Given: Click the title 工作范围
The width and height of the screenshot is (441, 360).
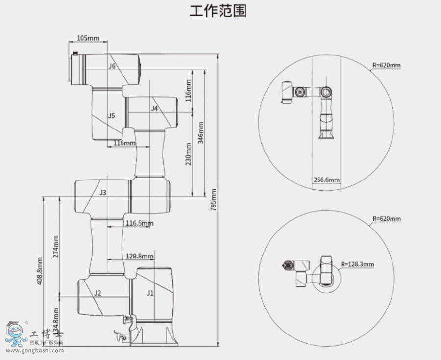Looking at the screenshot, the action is pos(218,11).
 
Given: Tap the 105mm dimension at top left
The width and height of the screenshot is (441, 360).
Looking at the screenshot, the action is pos(88,38).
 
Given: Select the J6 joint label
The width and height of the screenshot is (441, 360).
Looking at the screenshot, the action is pos(112,66).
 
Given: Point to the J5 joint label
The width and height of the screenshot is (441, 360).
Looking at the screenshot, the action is pos(112,115).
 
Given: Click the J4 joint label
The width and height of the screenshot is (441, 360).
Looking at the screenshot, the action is pos(154,108).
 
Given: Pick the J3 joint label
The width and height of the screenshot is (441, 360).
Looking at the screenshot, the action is pos(103,193).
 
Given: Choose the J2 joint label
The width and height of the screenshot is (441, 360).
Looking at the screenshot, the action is pos(98,293).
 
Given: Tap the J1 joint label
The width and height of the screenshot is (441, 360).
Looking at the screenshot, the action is pos(150,293).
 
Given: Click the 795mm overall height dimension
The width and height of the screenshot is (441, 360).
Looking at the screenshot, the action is pos(214,200).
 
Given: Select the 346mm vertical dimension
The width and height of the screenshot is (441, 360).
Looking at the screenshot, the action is pos(200,132).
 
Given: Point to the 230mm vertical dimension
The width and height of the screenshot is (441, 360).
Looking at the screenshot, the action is pos(188,154).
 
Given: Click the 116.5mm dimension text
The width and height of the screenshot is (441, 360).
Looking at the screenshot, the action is pos(140,223).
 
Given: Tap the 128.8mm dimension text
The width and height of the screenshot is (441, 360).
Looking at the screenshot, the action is pos(140,256).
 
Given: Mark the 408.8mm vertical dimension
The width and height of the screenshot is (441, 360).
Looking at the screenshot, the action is pos(40,271).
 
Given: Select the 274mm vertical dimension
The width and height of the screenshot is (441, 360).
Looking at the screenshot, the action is pos(56,247).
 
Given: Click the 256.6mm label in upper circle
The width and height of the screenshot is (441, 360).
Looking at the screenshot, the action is pos(326,180).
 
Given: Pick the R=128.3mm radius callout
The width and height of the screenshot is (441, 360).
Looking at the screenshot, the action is pos(358,264).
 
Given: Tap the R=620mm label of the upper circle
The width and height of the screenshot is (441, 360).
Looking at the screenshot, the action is pos(387,65).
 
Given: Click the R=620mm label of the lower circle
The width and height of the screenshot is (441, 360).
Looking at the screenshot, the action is pos(387,218).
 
